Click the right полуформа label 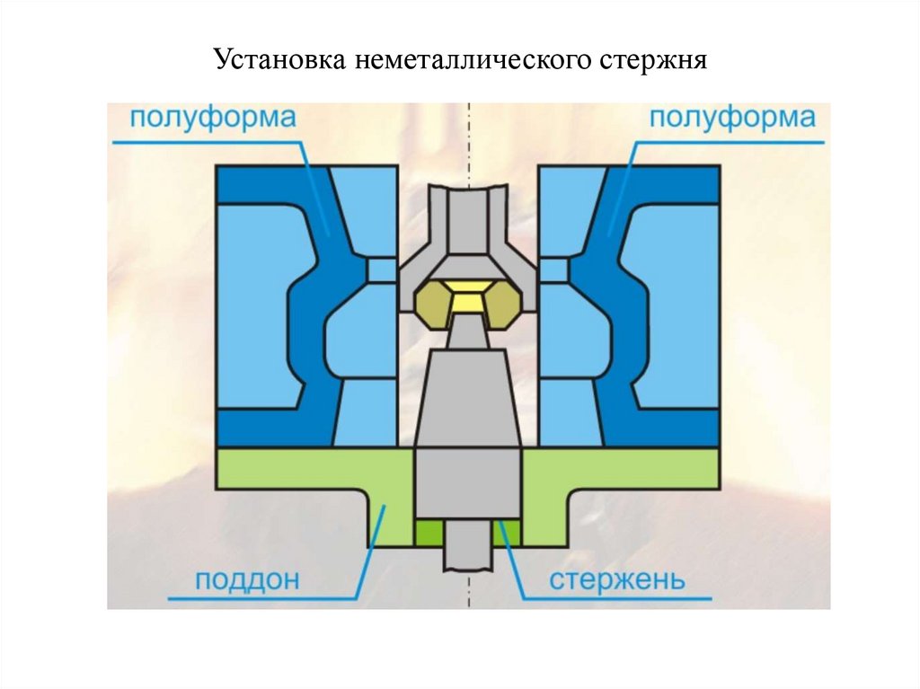coord(731,118)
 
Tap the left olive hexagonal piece coord(434,303)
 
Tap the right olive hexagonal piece coord(501,303)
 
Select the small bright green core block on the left coord(428,534)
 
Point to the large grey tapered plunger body coord(467,400)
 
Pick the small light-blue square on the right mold coord(553,269)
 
